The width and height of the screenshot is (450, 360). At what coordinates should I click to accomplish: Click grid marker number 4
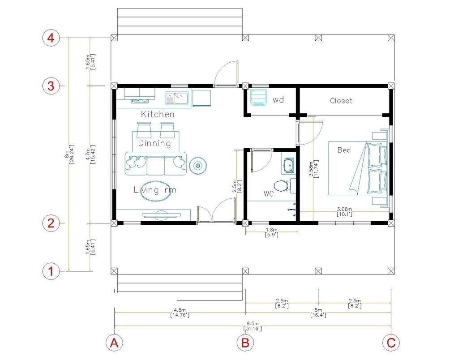[51, 38]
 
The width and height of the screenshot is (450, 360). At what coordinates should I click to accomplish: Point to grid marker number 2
[51, 223]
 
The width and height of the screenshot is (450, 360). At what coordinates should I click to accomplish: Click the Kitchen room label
[158, 114]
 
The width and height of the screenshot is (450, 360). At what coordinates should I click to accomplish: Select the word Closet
[341, 101]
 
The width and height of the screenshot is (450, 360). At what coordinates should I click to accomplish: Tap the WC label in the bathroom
[269, 194]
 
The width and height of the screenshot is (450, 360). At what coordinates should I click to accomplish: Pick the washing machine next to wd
[258, 98]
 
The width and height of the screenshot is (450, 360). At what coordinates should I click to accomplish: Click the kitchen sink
[177, 98]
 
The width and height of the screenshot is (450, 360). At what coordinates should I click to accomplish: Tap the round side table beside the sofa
[198, 166]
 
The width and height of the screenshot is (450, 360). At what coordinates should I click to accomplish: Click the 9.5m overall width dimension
[253, 326]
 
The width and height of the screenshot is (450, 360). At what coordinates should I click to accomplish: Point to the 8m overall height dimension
[69, 154]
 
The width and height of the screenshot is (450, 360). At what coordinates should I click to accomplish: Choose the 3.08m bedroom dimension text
[344, 212]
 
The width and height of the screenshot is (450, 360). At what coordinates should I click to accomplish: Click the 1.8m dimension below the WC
[271, 232]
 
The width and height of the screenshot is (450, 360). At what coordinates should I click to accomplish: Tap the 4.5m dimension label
[180, 313]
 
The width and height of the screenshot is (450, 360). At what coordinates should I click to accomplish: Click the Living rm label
[154, 190]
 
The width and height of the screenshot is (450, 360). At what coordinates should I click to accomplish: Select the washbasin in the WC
[288, 166]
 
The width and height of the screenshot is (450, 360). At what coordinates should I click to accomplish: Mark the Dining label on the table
[154, 143]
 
